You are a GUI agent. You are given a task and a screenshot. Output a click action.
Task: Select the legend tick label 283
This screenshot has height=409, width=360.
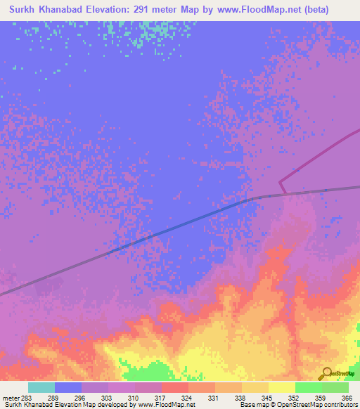point(26,398)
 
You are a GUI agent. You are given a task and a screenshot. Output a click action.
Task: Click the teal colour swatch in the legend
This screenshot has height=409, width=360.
point(41,387)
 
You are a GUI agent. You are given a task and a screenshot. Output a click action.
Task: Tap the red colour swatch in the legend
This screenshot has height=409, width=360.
point(175,387)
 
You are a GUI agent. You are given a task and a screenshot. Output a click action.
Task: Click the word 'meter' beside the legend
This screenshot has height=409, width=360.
point(10,398)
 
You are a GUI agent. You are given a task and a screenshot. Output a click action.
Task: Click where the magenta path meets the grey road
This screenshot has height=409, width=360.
point(285,194)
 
